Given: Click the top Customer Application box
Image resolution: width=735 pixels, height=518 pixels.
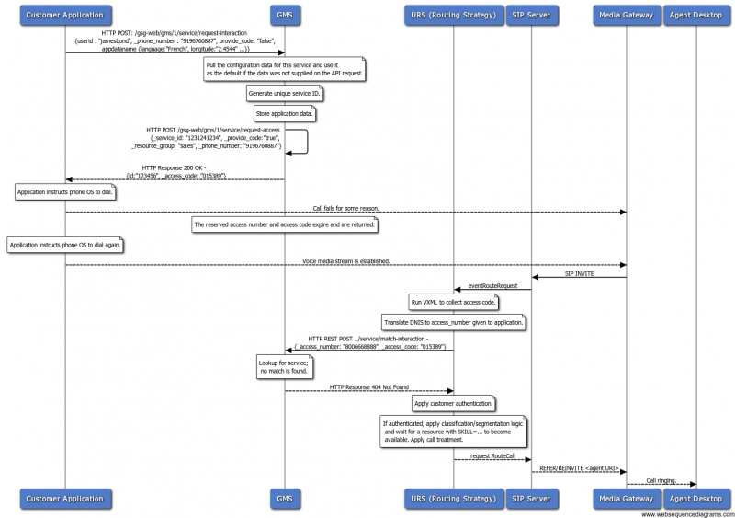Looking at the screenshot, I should pos(64,15).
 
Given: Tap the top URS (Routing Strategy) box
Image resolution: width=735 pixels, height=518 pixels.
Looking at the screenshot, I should pos(453,15).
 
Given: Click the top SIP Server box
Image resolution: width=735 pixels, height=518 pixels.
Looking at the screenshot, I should pos(531,15).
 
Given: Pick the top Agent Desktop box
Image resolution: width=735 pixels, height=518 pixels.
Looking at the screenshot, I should pos(695,15).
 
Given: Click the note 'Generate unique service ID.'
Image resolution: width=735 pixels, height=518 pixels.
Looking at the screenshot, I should pos(285,94).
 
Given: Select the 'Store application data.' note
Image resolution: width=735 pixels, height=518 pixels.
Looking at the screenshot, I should pos(285,113).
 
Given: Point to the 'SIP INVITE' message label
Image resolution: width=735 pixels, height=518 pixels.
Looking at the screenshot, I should pos(580,272).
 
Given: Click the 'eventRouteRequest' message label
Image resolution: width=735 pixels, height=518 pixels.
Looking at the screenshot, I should pos(492,286).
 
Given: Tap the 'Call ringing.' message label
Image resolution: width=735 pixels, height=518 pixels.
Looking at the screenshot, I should pos(661,479).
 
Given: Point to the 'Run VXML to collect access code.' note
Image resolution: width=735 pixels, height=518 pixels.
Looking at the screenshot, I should pos(454,302).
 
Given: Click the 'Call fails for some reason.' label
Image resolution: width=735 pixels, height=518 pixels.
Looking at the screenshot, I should pos(345,209).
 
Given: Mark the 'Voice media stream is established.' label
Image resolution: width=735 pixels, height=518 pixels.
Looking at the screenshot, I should pos(345,261).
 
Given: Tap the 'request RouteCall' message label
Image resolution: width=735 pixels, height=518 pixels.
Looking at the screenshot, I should pos(492,455).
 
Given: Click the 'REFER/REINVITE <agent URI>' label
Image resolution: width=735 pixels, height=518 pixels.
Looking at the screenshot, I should pos(580,467).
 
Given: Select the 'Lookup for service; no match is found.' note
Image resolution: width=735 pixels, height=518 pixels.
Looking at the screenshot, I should pos(284,367).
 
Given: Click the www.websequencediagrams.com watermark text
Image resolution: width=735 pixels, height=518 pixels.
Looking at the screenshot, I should pos(686,513).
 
